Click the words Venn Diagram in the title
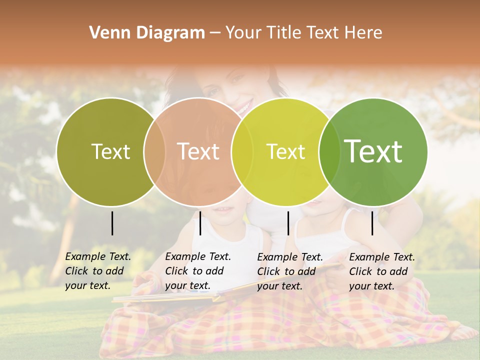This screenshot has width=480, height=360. tap(147, 33)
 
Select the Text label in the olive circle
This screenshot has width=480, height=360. tap(110, 151)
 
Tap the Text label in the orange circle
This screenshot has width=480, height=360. tap(198, 151)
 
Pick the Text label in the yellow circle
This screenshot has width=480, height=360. tap(285, 151)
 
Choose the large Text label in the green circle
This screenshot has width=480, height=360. tap(373, 151)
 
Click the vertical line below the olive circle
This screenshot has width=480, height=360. tap(112, 223)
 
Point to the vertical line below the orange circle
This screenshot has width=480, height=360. tap(200, 223)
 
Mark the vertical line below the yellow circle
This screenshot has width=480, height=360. tap(288, 223)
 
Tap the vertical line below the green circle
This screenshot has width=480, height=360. tap(372, 223)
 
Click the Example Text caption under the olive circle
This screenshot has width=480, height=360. tap(97, 271)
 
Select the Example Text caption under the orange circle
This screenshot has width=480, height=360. tap(197, 271)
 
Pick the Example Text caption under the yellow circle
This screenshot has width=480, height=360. tap(289, 271)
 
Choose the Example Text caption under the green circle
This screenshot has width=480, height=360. tap(381, 271)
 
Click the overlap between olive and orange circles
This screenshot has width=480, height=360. tap(154, 151)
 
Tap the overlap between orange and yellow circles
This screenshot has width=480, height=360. tap(242, 151)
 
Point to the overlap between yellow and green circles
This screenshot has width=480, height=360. tap(329, 151)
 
